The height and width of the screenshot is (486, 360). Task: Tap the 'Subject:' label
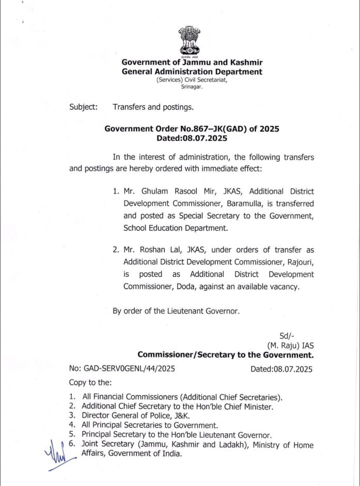click(83, 107)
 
